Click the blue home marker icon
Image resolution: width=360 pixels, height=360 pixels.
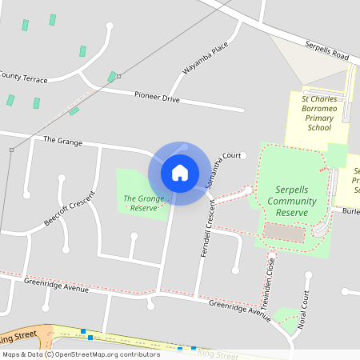coord(179,173)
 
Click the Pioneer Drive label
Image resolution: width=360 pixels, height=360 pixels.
coord(157,98)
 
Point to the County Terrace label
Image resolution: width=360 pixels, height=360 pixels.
coord(23,77)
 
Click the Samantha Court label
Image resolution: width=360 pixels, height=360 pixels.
coord(216,169)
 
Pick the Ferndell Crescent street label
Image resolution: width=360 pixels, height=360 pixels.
coord(209,230)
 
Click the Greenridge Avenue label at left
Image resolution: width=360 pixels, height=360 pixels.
coord(56,285)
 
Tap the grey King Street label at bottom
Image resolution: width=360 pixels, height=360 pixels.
coord(217,352)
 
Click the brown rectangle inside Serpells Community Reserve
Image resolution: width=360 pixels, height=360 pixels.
coord(284,233)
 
